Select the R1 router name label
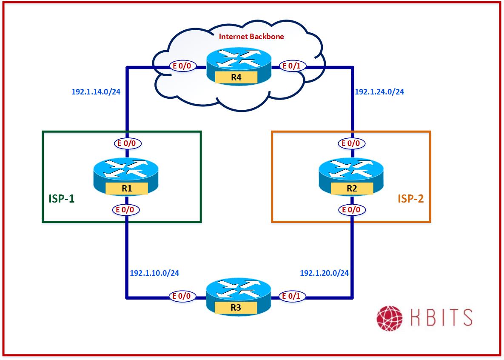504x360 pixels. click(126, 188)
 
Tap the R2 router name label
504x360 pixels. click(351, 188)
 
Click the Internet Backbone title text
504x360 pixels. click(251, 37)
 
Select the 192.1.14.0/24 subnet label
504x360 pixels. click(97, 91)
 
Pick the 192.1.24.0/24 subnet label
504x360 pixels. click(379, 91)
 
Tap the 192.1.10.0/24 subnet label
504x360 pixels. click(154, 273)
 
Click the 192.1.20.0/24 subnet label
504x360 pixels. click(324, 273)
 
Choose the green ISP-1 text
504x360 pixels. click(61, 198)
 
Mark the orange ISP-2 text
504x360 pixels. click(410, 198)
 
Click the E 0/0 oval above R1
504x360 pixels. click(126, 143)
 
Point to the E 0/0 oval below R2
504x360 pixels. click(351, 209)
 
